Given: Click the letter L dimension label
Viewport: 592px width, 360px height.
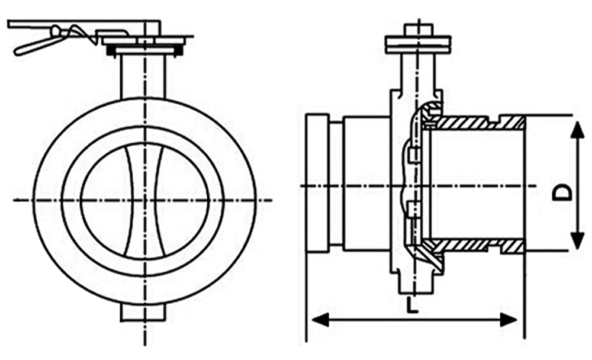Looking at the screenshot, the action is [413, 304].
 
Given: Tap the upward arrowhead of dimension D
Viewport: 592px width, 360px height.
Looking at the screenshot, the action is [577, 130].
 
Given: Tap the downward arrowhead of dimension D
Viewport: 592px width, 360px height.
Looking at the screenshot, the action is [577, 240].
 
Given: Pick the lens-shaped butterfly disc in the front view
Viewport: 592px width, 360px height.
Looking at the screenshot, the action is [144, 200].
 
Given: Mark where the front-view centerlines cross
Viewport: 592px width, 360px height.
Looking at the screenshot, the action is [144, 200].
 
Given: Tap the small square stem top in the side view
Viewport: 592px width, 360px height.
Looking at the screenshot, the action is [419, 30].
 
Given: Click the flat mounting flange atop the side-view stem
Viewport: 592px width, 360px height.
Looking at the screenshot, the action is [418, 44].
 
